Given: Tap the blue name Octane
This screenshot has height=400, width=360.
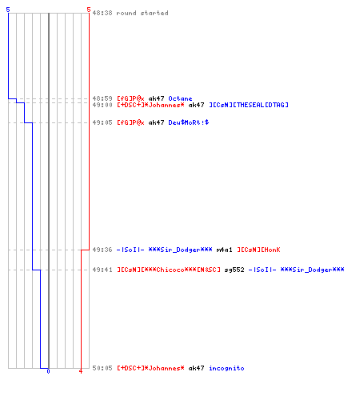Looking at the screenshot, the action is pos(180,98).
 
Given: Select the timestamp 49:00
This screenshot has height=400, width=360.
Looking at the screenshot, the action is pos(102,105).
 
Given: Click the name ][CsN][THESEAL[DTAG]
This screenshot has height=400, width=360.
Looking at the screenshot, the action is pos(249,105).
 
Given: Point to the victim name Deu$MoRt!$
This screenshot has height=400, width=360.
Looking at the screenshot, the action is pos(189,122).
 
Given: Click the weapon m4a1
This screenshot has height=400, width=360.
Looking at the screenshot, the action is pos(224,250).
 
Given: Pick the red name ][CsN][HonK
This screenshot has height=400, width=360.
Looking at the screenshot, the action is pos(258,250).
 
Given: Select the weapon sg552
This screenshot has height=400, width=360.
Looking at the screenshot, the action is pos(234,270).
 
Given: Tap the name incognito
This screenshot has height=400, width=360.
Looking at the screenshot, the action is pos(226,368).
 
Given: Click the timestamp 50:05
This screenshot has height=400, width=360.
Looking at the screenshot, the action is pos(102,368).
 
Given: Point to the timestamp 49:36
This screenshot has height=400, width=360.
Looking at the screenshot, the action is pos(102,250).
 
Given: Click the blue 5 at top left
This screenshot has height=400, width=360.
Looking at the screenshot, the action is pos(8,10).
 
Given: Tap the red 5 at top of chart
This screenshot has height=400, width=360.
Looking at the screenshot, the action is pos(89,10).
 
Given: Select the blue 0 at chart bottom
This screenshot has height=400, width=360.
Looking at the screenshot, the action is pos(48,371).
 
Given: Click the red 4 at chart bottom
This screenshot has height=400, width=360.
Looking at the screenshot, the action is pos(81,371).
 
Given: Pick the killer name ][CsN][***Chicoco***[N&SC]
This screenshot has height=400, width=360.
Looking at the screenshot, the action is pos(169,270).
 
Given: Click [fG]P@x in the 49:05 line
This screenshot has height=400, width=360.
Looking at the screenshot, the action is pos(130,122).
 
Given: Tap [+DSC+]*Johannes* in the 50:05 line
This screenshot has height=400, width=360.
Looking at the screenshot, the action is pos(150,368).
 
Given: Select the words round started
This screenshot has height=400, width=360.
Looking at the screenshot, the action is pos(142,13).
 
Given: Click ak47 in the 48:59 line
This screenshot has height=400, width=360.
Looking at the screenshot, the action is pos(156,98).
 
